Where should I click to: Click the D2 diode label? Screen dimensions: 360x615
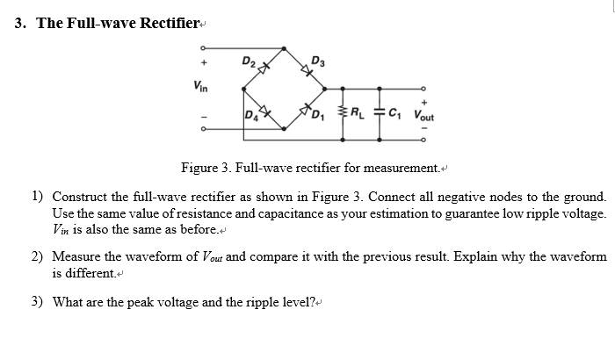tap(250, 61)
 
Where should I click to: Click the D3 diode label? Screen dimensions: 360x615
tap(318, 61)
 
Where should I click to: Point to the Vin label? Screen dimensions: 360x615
tap(201, 84)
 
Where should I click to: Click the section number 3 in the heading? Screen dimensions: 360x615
tap(19, 23)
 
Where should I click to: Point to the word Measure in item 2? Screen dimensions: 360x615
tap(76, 256)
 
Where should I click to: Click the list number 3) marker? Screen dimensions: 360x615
tap(37, 302)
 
